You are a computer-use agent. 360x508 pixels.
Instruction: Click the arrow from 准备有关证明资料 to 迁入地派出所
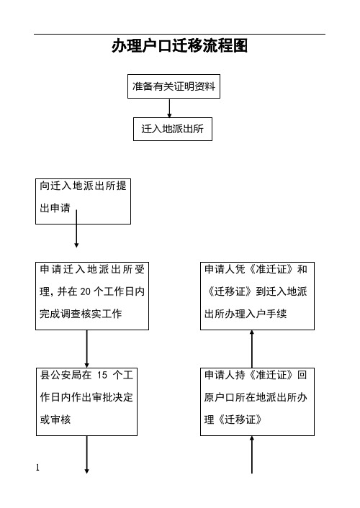click(170, 108)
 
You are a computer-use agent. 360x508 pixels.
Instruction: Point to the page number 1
click(37, 468)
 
